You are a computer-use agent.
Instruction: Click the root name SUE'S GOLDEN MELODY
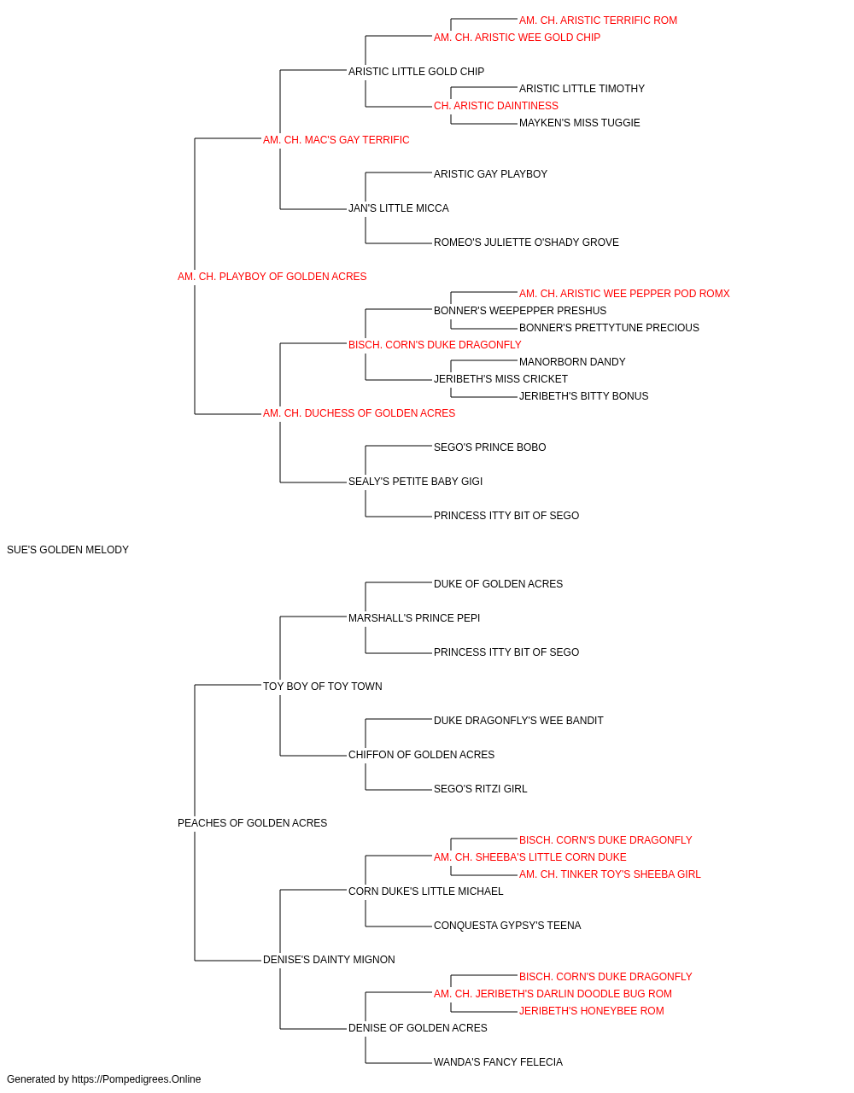[x=68, y=550]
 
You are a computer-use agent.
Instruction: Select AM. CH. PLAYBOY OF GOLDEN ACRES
[x=272, y=277]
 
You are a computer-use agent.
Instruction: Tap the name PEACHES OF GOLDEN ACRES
[x=253, y=823]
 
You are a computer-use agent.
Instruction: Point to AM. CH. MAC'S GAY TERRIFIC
[x=336, y=140]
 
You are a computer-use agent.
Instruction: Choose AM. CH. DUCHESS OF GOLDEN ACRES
[x=359, y=413]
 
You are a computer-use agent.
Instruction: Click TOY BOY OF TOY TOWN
[x=323, y=686]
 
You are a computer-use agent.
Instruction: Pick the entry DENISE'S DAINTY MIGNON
[x=329, y=959]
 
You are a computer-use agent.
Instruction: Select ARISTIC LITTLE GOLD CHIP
[x=417, y=72]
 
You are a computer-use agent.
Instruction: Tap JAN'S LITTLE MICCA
[x=399, y=208]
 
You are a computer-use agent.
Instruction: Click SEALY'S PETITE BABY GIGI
[x=415, y=482]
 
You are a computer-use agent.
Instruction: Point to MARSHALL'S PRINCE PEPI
[x=414, y=617]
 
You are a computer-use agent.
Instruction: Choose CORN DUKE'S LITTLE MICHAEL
[x=426, y=891]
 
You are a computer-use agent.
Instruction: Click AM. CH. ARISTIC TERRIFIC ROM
[x=598, y=20]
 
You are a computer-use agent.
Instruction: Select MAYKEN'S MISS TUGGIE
[x=579, y=123]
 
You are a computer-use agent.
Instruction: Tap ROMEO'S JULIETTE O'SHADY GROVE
[x=526, y=243]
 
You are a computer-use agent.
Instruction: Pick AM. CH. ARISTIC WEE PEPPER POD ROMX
[x=624, y=293]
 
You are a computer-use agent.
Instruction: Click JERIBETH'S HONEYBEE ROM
[x=592, y=1010]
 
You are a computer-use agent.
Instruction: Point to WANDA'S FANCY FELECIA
[x=498, y=1061]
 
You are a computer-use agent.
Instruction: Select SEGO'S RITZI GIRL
[x=480, y=789]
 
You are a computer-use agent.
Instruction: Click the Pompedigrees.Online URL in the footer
[x=137, y=1079]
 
